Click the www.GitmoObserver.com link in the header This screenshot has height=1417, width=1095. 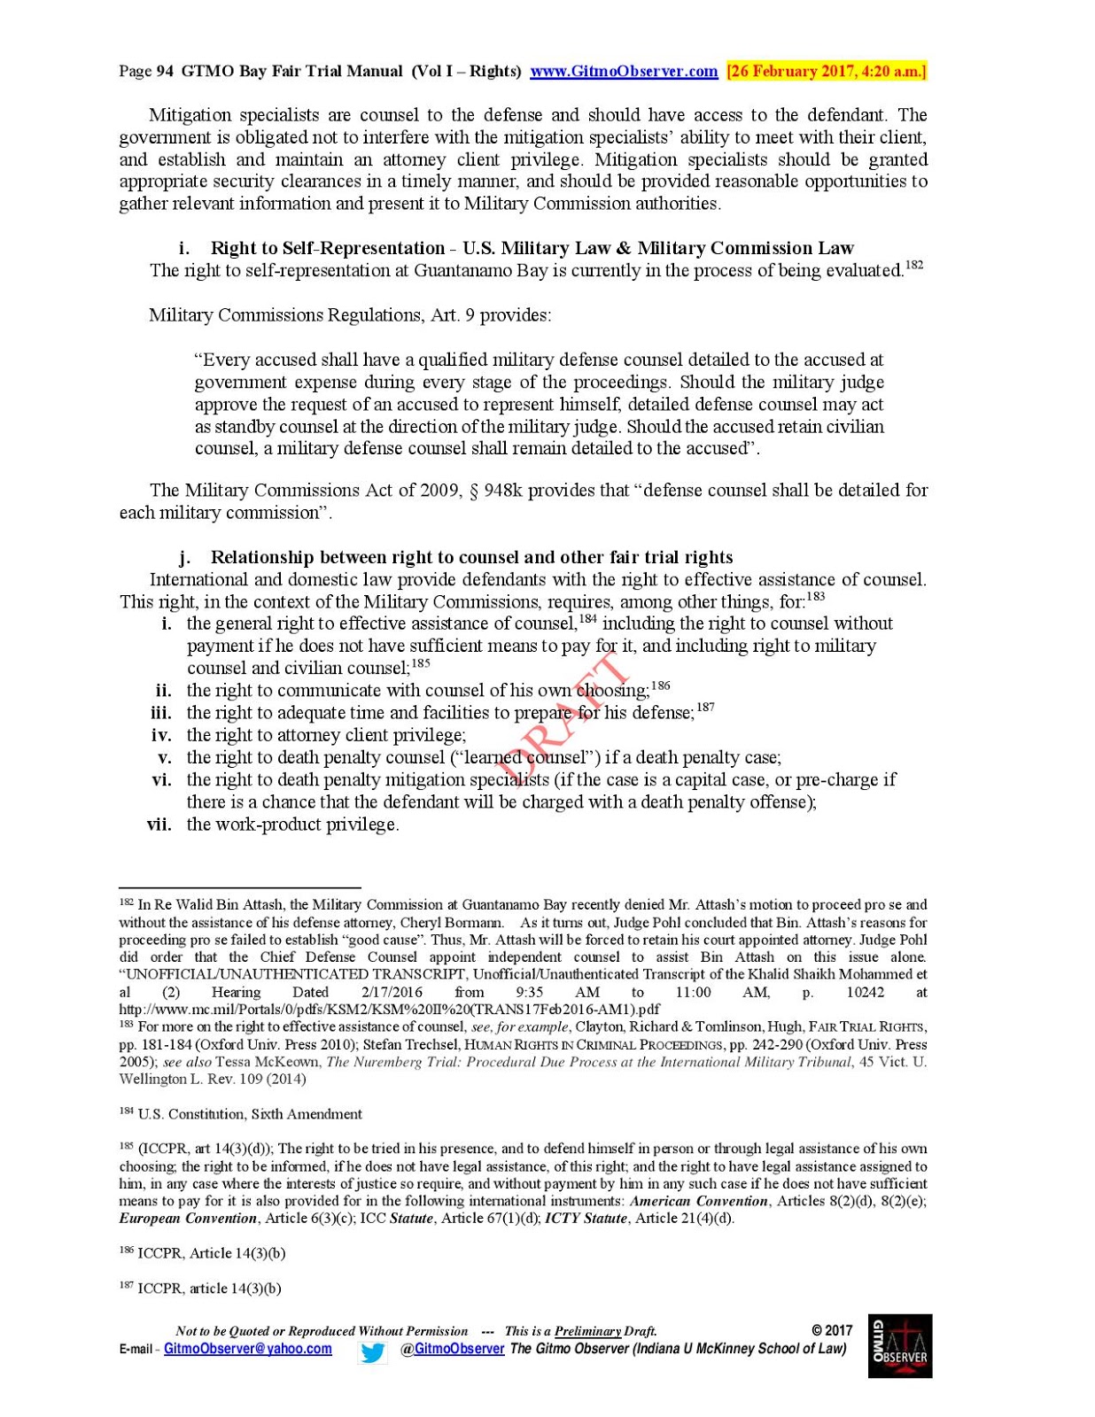pyautogui.click(x=623, y=72)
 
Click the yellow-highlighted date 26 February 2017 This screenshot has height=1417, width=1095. pyautogui.click(x=826, y=72)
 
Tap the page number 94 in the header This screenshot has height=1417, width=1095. pyautogui.click(x=165, y=72)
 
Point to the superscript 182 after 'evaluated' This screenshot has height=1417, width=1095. pyautogui.click(x=913, y=265)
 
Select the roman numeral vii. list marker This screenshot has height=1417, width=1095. pyautogui.click(x=159, y=825)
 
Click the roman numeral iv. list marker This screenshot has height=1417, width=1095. pyautogui.click(x=161, y=735)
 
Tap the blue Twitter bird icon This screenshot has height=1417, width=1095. pyautogui.click(x=373, y=1352)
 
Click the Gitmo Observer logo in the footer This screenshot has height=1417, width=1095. pyautogui.click(x=900, y=1345)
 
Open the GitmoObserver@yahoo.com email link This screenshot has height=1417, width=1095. pyautogui.click(x=248, y=1349)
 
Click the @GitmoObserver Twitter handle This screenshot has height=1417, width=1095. pyautogui.click(x=453, y=1349)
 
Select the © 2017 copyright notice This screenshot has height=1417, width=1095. pyautogui.click(x=832, y=1330)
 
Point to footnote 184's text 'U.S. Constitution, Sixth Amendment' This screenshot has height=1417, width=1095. pyautogui.click(x=250, y=1114)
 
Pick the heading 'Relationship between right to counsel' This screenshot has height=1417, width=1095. pyautogui.click(x=471, y=557)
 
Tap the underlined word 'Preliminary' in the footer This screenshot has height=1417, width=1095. pyautogui.click(x=587, y=1331)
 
